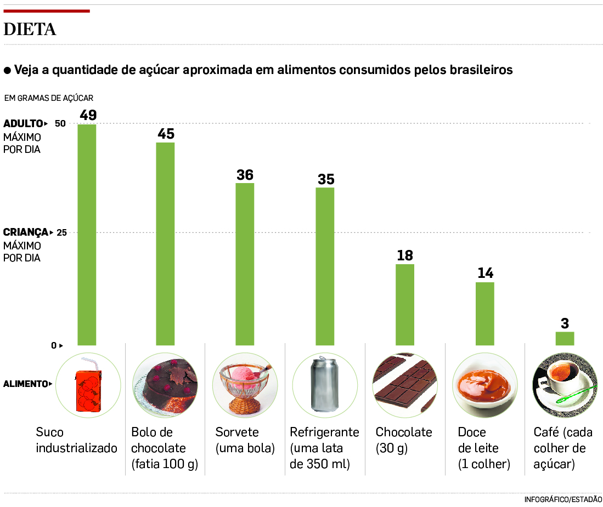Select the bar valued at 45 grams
[165, 244]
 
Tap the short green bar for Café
[565, 338]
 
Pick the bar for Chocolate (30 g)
[405, 305]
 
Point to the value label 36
[245, 175]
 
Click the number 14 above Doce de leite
[485, 273]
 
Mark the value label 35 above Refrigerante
[325, 180]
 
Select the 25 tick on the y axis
[61, 232]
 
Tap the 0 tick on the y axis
[54, 345]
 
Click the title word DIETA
[30, 30]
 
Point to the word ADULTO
[23, 123]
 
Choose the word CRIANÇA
[26, 232]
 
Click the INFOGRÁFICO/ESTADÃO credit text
[563, 499]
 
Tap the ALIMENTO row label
[25, 384]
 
